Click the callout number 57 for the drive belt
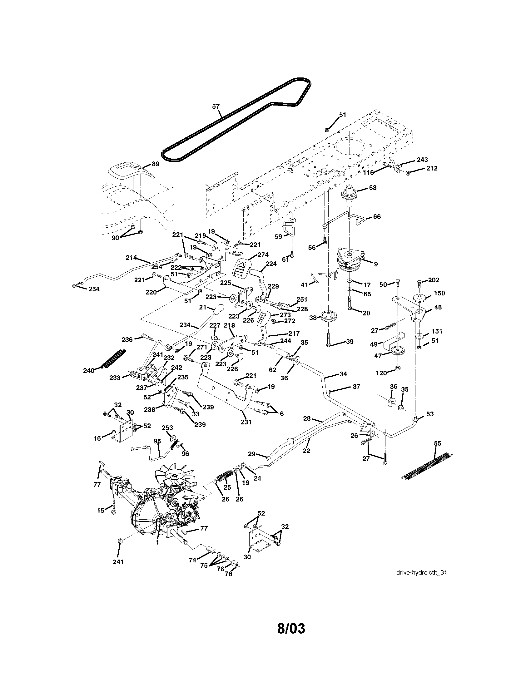tap(216, 106)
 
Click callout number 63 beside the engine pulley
tap(372, 188)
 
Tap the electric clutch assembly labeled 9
tap(350, 260)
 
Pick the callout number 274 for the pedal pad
tap(262, 255)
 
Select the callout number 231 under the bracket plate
tap(246, 422)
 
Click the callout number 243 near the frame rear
tap(422, 160)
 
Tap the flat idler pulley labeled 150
tap(419, 298)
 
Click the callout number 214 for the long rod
tap(131, 258)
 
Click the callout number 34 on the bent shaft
tap(343, 374)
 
